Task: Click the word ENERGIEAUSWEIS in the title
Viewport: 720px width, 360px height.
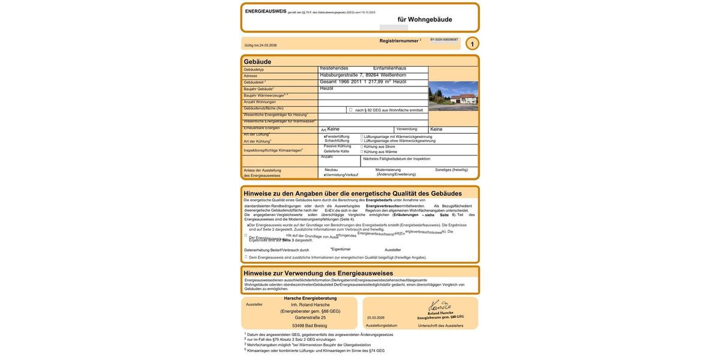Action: click(x=266, y=11)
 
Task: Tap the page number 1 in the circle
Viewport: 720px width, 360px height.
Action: click(x=472, y=44)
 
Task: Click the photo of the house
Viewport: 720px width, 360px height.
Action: click(x=453, y=96)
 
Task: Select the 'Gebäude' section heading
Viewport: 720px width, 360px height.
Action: click(x=257, y=62)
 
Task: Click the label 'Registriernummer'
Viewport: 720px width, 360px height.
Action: click(x=399, y=41)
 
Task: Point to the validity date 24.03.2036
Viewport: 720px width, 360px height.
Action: click(x=268, y=45)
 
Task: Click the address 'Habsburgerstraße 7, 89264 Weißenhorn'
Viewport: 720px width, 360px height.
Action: click(x=363, y=75)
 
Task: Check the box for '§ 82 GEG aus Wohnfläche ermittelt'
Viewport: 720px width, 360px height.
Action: click(x=351, y=110)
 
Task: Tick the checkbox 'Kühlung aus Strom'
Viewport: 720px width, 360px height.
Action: click(x=362, y=146)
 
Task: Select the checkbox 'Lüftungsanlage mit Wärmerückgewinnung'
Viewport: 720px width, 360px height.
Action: click(x=362, y=136)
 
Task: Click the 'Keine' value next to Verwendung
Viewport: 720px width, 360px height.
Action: click(x=436, y=129)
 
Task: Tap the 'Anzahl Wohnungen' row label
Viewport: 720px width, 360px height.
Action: click(x=260, y=102)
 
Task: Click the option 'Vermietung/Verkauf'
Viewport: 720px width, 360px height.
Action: click(x=341, y=175)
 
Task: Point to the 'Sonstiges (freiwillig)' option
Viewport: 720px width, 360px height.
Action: click(x=452, y=170)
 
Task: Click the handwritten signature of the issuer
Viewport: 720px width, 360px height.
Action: click(x=440, y=306)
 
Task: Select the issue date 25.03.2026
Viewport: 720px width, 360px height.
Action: click(x=376, y=318)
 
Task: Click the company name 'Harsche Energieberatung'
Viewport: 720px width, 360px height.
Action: click(x=310, y=298)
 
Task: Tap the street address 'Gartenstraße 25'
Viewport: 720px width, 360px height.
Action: click(x=310, y=318)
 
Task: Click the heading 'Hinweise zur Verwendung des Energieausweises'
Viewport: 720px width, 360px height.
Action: click(x=318, y=274)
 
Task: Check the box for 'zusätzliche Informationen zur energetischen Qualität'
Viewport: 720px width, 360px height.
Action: click(x=246, y=257)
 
